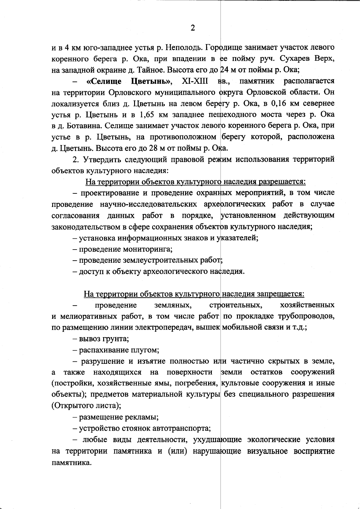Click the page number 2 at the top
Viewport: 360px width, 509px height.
pyautogui.click(x=193, y=28)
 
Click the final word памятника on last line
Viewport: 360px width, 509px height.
pyautogui.click(x=71, y=463)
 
